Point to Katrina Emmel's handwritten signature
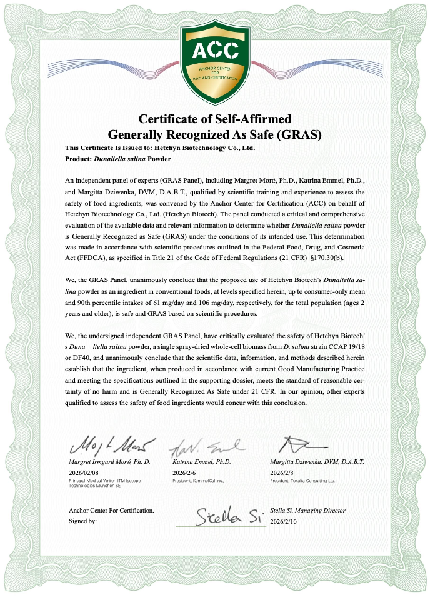(x=203, y=446)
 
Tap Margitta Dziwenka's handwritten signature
(x=303, y=444)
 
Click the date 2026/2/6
(x=184, y=473)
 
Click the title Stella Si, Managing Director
(x=307, y=511)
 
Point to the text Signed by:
(x=83, y=521)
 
